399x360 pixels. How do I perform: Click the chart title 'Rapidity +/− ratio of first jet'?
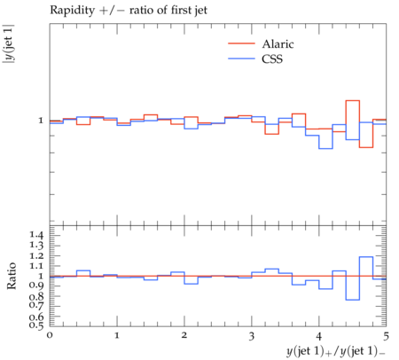(x=129, y=11)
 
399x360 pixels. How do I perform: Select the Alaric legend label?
(x=278, y=44)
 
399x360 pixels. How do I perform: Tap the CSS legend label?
(x=272, y=59)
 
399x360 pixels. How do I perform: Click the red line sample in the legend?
(x=241, y=43)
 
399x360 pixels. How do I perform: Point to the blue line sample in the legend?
(x=241, y=59)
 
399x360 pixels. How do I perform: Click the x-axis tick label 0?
(x=50, y=335)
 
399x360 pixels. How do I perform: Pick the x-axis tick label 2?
(x=184, y=335)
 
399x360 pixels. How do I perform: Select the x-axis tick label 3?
(x=252, y=335)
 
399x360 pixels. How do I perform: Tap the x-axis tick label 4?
(x=319, y=335)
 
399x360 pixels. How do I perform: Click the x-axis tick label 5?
(x=386, y=335)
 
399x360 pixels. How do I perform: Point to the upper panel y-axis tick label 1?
(x=41, y=121)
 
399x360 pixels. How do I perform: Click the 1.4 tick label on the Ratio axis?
(x=36, y=235)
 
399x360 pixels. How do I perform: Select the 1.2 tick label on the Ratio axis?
(x=36, y=255)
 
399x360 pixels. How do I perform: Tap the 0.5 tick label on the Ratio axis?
(x=36, y=325)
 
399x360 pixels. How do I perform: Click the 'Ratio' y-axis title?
(x=12, y=276)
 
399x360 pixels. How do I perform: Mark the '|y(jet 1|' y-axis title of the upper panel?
(x=8, y=44)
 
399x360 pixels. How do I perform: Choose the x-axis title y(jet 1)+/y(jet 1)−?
(x=336, y=351)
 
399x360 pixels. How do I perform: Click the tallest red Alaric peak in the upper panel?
(x=353, y=100)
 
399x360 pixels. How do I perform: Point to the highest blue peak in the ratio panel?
(x=366, y=256)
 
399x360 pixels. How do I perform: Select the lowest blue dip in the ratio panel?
(x=353, y=300)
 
